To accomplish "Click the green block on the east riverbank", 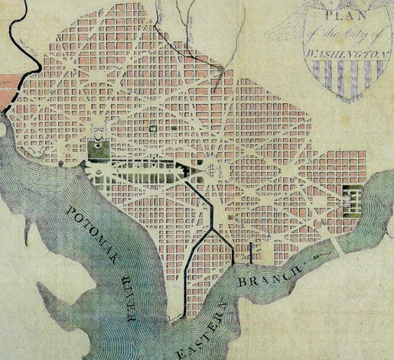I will coord(352,196).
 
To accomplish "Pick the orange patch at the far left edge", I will coord(6,81).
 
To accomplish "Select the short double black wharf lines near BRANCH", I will coord(252,254).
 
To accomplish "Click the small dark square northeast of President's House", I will coord(154,129).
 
